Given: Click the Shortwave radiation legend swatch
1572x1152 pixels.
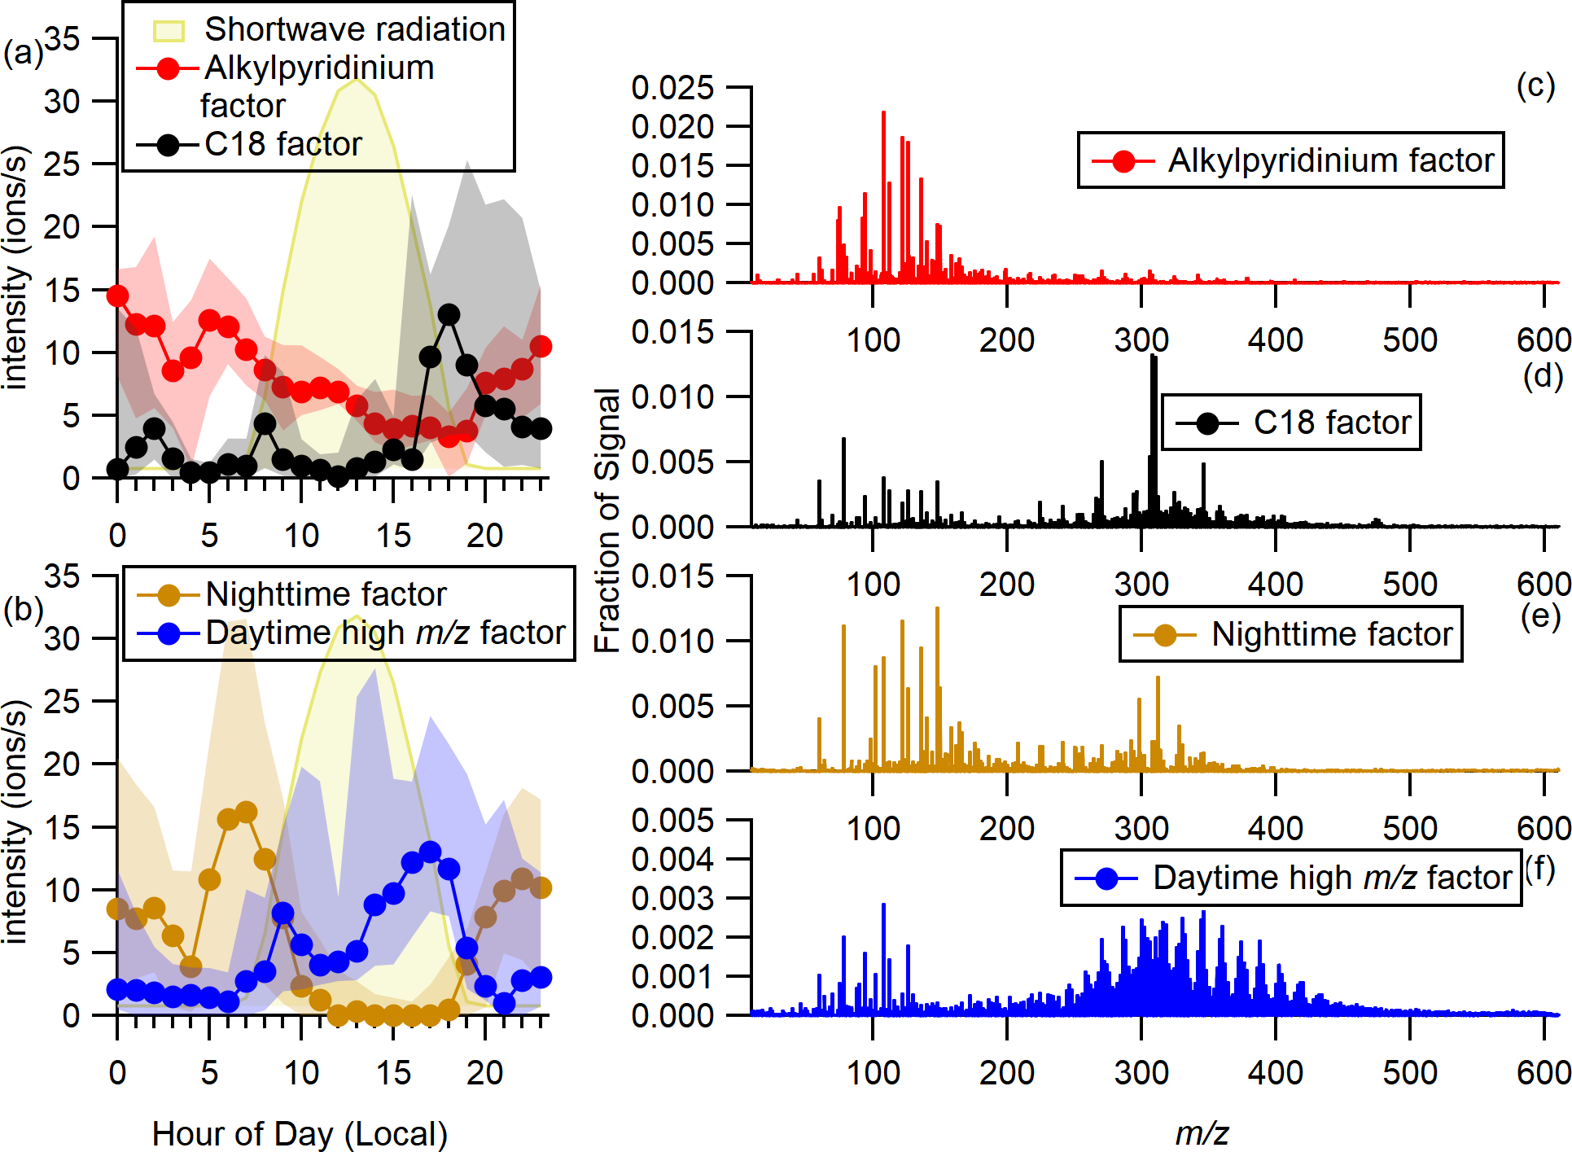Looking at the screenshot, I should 169,31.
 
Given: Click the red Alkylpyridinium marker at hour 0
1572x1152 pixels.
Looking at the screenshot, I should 117,296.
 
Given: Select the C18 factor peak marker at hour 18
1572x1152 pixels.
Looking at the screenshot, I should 449,314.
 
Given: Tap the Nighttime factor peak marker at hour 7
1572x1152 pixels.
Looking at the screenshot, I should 246,812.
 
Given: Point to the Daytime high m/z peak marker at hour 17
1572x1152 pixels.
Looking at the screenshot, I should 430,852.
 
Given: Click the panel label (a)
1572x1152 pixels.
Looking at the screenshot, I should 22,53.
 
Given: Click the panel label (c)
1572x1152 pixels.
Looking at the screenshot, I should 1535,85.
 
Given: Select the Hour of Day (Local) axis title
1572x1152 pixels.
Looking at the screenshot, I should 300,1133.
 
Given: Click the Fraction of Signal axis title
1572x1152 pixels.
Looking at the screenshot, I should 607,521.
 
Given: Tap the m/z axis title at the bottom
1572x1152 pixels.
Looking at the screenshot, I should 1202,1132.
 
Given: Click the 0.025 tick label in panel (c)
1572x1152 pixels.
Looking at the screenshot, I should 672,88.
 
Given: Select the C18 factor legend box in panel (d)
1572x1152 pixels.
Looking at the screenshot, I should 1290,423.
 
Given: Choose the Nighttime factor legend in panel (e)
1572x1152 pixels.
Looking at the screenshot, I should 1290,634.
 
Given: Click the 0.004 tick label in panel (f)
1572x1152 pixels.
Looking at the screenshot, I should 672,859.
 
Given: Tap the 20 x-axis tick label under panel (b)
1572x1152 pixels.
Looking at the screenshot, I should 484,1073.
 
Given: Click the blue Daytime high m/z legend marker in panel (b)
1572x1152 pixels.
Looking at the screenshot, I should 169,633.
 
